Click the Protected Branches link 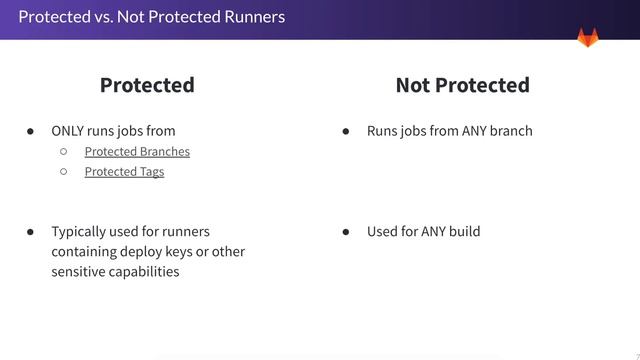tap(137, 151)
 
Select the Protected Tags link tap(124, 171)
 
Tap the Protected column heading tap(147, 85)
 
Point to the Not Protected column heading tap(462, 85)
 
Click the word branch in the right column tap(511, 131)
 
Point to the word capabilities tap(147, 271)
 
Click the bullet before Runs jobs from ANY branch tap(346, 131)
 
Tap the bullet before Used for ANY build tap(346, 231)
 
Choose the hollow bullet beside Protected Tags tap(63, 171)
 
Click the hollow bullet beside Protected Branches tap(63, 151)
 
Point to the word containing tap(87, 251)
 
